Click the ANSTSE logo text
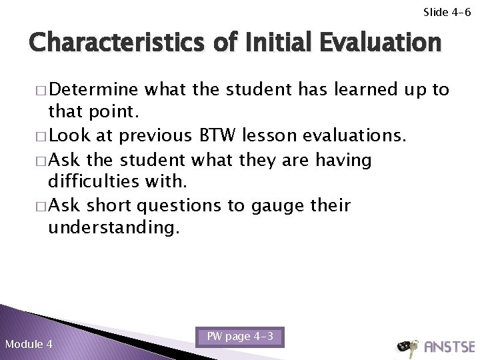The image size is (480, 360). point(446,347)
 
